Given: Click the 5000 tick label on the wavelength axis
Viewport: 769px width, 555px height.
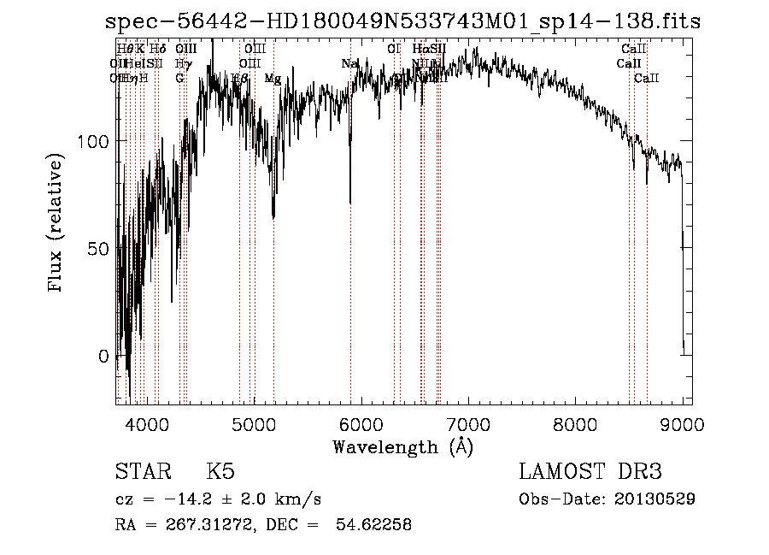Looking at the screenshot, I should click(254, 424).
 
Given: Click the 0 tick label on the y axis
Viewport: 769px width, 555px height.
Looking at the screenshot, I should click(103, 356).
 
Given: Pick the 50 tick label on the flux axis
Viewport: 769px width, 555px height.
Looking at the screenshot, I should click(98, 248).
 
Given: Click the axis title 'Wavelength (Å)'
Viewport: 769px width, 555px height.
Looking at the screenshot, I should click(402, 446).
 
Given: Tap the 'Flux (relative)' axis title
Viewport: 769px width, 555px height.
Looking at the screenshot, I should click(57, 225).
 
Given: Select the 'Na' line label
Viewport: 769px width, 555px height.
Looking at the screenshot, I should click(349, 64).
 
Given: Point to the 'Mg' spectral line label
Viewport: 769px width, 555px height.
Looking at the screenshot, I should click(273, 79).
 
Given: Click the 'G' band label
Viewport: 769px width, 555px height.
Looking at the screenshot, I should click(179, 79).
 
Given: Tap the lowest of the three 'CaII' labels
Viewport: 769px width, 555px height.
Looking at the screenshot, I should click(646, 79).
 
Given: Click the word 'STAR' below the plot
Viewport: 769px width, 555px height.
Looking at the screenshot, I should click(142, 472).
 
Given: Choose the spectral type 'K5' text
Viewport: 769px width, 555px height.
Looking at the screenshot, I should click(220, 472).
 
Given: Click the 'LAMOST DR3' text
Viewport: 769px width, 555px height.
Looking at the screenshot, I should click(590, 472).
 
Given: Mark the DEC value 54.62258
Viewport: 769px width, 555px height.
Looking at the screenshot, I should click(375, 525).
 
